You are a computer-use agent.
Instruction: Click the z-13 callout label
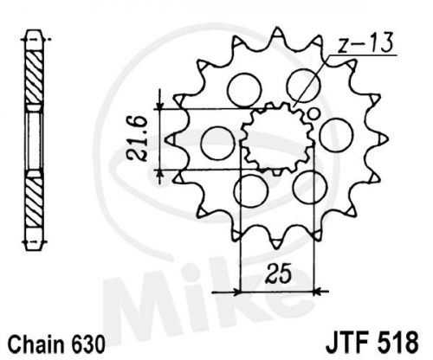click(365, 43)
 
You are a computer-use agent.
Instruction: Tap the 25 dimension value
click(278, 273)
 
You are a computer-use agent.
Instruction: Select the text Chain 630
click(56, 344)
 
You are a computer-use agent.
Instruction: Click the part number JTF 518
click(372, 343)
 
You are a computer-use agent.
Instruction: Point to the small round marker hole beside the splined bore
click(313, 113)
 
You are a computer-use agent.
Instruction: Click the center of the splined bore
click(277, 138)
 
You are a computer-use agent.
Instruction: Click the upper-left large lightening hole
click(244, 90)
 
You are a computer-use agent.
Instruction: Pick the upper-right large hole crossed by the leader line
click(304, 86)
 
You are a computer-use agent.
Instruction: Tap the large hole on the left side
click(217, 143)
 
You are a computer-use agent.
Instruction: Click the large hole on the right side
click(337, 134)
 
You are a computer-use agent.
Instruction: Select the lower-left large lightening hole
click(251, 190)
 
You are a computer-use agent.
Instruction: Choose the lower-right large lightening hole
click(310, 187)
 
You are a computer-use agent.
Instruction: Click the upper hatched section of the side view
click(35, 77)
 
